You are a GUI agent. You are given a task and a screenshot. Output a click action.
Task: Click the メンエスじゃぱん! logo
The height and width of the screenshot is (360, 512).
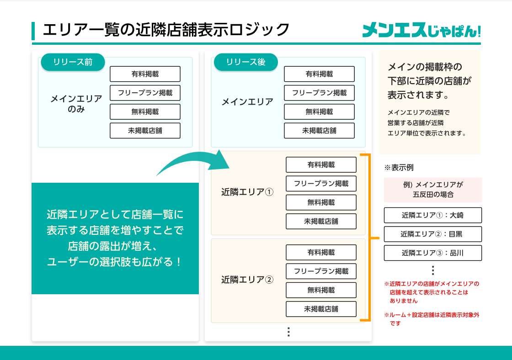pos(421,30)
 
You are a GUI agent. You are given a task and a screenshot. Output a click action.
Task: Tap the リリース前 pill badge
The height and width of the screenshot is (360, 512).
pos(73,62)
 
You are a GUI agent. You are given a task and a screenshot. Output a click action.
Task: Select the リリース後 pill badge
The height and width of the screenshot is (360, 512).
pos(245,62)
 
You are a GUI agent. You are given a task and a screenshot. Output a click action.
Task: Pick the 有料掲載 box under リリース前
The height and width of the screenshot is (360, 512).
pos(145,74)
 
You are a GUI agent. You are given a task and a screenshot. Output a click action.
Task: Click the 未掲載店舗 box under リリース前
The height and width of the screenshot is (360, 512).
pos(145,131)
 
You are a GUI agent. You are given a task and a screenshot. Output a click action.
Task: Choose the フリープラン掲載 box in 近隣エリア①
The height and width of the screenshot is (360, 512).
pos(321,184)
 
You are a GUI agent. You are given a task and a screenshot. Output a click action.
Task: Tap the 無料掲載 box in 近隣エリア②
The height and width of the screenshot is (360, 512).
pos(321,290)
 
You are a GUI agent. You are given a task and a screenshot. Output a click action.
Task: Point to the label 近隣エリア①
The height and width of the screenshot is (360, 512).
pos(247,192)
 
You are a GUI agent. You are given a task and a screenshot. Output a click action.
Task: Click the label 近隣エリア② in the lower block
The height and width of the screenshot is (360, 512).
pos(247,279)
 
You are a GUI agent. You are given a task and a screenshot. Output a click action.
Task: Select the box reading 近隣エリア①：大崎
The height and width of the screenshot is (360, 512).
pos(432,215)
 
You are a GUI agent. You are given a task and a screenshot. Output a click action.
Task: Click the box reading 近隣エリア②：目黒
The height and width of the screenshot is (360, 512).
pos(432,234)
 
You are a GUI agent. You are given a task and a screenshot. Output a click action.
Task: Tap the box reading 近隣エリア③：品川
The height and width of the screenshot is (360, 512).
pos(432,253)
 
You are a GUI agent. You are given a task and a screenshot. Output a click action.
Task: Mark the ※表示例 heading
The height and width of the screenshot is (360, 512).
pos(399,168)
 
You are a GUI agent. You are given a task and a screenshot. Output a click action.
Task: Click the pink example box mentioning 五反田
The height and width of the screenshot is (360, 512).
pos(432,190)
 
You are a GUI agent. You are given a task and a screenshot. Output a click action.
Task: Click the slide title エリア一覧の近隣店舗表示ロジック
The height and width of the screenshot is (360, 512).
pos(166,30)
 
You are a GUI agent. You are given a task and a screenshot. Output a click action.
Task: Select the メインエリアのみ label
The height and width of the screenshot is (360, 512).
pos(76,104)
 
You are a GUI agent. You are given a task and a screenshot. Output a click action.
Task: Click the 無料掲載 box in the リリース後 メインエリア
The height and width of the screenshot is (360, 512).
pos(319,112)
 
